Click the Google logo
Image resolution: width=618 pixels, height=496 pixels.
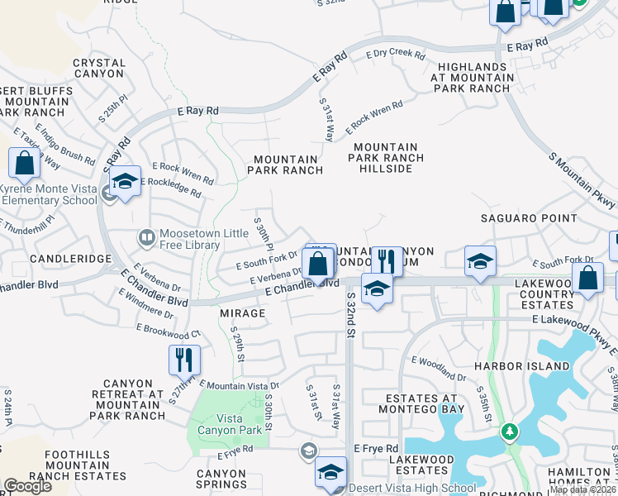pyautogui.click(x=27, y=486)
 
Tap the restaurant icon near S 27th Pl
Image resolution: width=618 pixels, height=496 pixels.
pyautogui.click(x=184, y=360)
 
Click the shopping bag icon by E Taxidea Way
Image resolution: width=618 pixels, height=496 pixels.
pyautogui.click(x=24, y=162)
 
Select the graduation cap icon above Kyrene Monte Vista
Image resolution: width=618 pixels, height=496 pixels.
pyautogui.click(x=124, y=181)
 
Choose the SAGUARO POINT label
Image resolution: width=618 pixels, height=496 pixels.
pyautogui.click(x=530, y=218)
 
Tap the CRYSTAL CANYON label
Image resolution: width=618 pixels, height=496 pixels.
pyautogui.click(x=99, y=69)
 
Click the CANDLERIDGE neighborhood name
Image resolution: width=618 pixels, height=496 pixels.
pyautogui.click(x=70, y=259)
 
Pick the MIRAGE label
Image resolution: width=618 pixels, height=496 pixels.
pyautogui.click(x=243, y=313)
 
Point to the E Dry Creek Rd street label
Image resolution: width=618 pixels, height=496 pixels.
pyautogui.click(x=395, y=55)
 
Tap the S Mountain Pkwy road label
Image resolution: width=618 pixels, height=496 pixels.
pyautogui.click(x=582, y=179)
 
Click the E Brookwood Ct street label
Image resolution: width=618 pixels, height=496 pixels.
pyautogui.click(x=169, y=331)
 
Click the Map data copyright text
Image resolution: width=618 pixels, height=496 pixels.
pyautogui.click(x=582, y=489)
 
